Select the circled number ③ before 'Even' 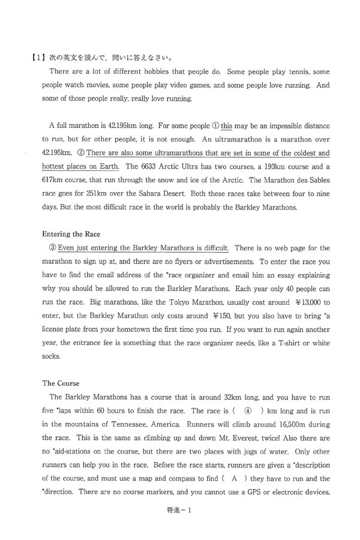tap(52, 247)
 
